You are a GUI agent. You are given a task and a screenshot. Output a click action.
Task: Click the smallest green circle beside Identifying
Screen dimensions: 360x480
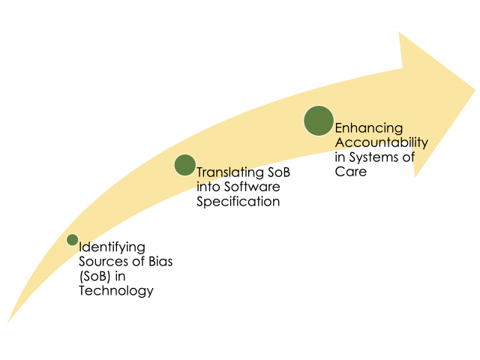pos(72,240)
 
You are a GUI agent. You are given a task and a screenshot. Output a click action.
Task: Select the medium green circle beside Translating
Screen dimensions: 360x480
pos(184,165)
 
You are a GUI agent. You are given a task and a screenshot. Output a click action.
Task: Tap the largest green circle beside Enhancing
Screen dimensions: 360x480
pos(318,121)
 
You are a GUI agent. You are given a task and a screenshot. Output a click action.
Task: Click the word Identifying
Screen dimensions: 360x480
pos(112,246)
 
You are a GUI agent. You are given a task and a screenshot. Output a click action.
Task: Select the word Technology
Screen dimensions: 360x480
pos(116,291)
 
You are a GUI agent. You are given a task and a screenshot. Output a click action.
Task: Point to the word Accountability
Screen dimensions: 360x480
pos(382,142)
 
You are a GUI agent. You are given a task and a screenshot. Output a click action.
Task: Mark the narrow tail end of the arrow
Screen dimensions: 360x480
pos(9,322)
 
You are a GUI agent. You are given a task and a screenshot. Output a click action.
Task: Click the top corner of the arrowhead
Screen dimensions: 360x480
pos(399,33)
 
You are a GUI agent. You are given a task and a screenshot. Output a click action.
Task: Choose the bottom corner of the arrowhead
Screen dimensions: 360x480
pos(415,177)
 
